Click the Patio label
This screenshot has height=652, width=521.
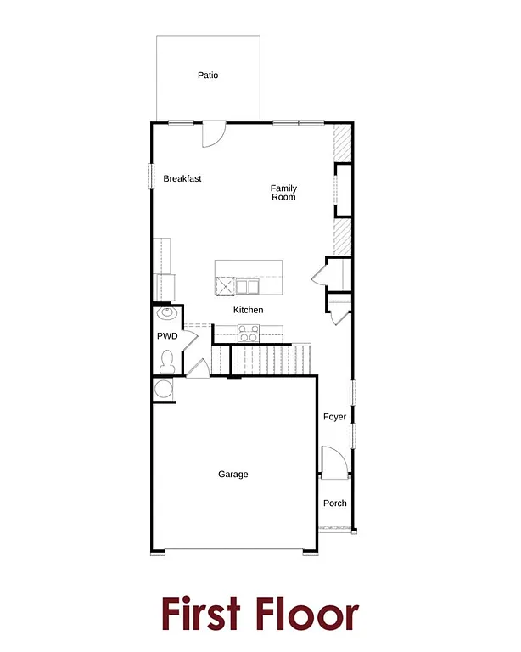(208, 76)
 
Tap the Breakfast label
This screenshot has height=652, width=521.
(182, 179)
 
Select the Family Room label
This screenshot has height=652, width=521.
(283, 193)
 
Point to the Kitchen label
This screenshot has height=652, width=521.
(249, 311)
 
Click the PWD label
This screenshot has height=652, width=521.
(167, 337)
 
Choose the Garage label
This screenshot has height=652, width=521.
(233, 475)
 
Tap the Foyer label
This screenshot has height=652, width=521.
(335, 418)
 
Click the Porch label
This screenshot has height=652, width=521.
(335, 503)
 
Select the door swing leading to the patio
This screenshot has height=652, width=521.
(213, 133)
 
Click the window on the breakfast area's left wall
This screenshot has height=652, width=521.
(152, 173)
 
